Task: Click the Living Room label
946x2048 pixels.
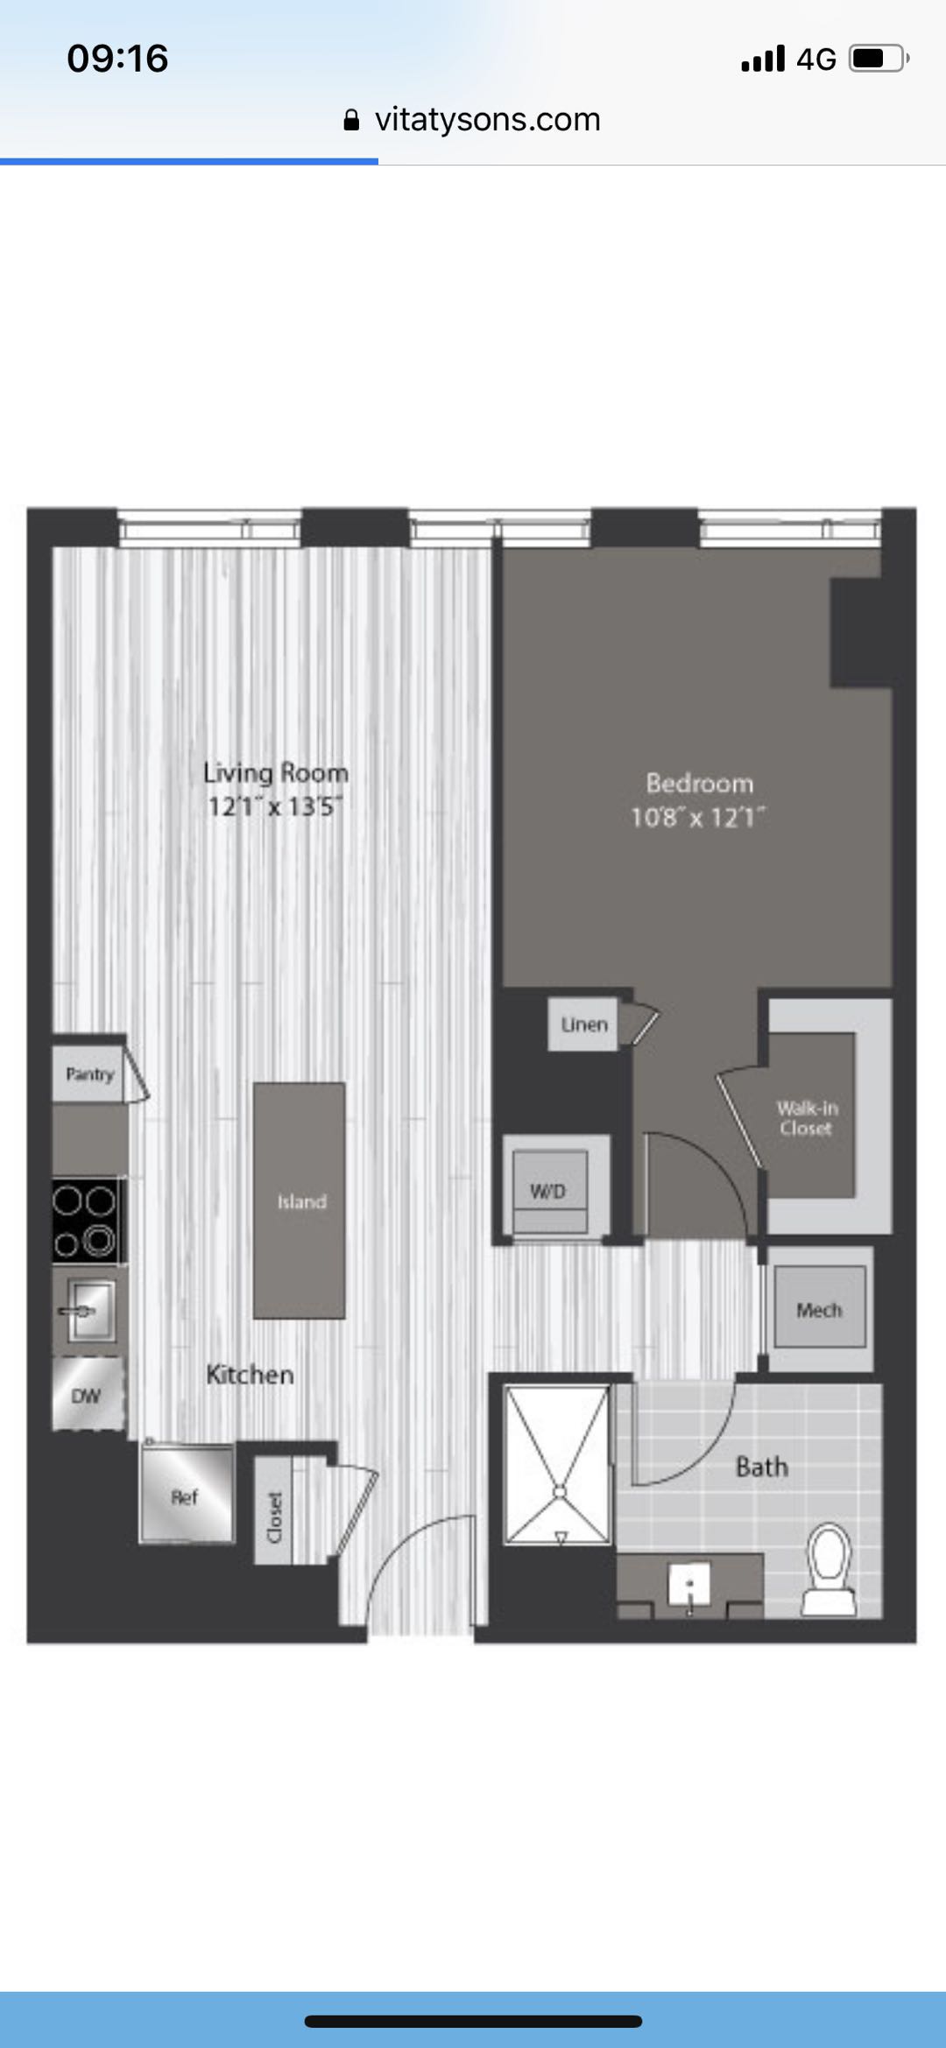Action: (276, 773)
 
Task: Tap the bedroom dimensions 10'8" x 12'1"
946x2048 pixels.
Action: (698, 818)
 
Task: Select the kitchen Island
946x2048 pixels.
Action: (300, 1200)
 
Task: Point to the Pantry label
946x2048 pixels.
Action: (90, 1074)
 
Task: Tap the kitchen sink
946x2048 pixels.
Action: (90, 1310)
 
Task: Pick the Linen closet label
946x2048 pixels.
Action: (584, 1024)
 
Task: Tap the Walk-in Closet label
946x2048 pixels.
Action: (807, 1118)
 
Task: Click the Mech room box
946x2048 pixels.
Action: (819, 1309)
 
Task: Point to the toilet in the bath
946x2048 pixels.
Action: (829, 1569)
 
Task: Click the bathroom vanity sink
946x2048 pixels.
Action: (690, 1586)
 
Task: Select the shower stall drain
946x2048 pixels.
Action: (559, 1491)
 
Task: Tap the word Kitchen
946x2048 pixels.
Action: (250, 1375)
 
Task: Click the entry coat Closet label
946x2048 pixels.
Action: (274, 1517)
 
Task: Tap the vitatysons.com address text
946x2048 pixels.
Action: (488, 119)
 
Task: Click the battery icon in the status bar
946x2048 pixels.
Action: (879, 59)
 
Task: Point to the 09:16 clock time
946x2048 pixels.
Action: (117, 59)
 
